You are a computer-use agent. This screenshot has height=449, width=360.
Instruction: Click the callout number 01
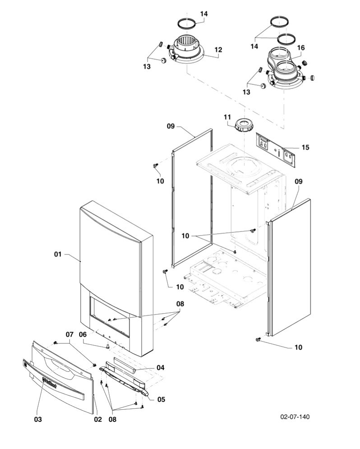pyautogui.click(x=57, y=255)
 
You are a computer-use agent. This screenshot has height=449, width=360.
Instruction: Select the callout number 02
pyautogui.click(x=97, y=419)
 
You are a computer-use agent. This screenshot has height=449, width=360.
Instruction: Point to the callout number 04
pyautogui.click(x=160, y=367)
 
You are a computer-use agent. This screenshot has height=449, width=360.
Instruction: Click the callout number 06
pyautogui.click(x=83, y=334)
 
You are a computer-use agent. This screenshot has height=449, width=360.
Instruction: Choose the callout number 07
pyautogui.click(x=69, y=334)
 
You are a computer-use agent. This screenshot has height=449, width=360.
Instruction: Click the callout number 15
pyautogui.click(x=305, y=148)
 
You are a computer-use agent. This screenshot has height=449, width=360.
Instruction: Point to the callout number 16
pyautogui.click(x=300, y=47)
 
